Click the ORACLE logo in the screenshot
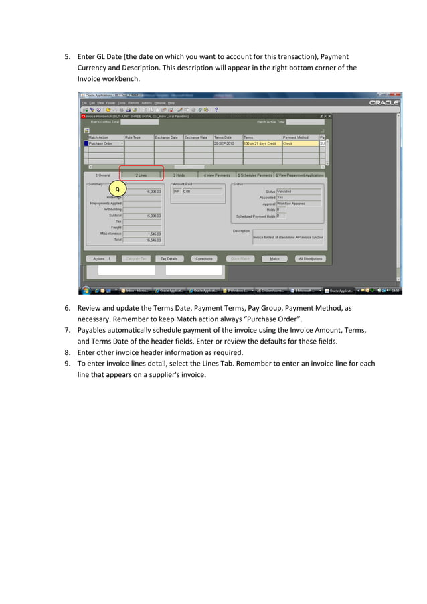(384, 102)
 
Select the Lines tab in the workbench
(141, 175)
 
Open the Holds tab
(179, 175)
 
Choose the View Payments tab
(218, 175)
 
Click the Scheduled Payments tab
(255, 175)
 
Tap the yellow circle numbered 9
(118, 190)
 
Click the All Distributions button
(311, 258)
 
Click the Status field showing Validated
(298, 191)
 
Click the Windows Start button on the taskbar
(86, 291)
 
